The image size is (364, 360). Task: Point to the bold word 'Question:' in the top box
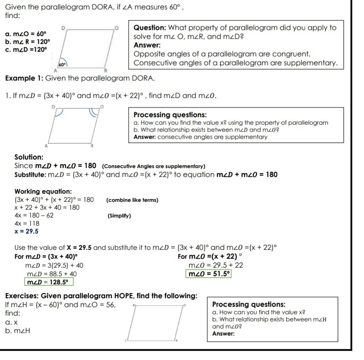tap(149, 28)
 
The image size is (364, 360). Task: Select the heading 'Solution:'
tap(29, 157)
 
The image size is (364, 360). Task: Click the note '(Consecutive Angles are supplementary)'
tap(153, 166)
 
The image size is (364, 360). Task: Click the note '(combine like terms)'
tap(132, 200)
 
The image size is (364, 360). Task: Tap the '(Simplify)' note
tap(119, 216)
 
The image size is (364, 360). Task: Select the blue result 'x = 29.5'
tap(26, 231)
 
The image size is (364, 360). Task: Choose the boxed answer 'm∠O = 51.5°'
tap(209, 274)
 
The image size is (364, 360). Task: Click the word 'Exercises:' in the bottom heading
tap(22, 296)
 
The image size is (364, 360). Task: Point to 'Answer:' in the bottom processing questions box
tap(223, 334)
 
